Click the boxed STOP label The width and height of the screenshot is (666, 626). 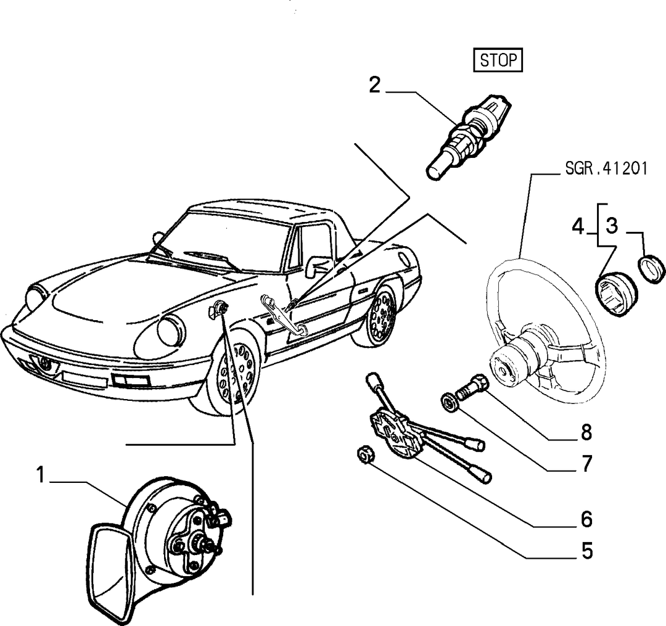pos(498,60)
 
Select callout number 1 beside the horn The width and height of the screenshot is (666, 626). pos(40,474)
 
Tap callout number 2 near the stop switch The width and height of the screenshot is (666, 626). pos(375,85)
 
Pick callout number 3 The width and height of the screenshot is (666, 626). pos(612,226)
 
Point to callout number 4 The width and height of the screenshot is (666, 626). pos(578,226)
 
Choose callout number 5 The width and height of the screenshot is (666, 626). pos(586,551)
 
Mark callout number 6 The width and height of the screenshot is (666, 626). pos(586,519)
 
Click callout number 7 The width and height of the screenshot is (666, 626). pos(586,463)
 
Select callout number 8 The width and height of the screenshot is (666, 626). pos(586,432)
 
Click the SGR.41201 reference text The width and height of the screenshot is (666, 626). pos(606,168)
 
